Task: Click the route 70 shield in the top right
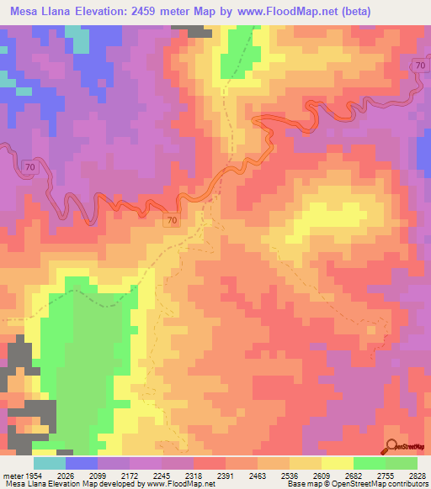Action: (418, 66)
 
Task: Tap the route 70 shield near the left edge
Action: (30, 168)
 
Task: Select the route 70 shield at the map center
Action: (172, 220)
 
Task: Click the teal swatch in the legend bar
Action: (49, 463)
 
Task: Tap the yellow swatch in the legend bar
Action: (337, 463)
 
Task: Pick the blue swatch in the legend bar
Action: (82, 463)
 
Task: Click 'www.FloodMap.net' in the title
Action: (280, 10)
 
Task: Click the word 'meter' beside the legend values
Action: (12, 475)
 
